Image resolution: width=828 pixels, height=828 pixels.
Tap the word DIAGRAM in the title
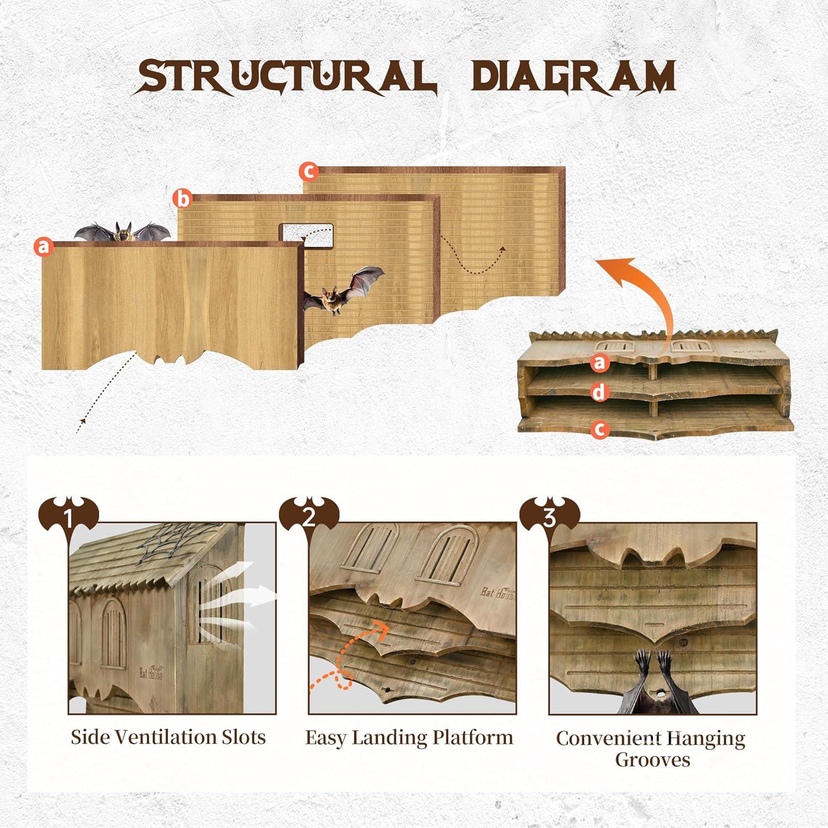(575, 76)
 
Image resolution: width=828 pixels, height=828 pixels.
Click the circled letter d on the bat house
(600, 392)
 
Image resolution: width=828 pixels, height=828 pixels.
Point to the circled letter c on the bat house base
(600, 429)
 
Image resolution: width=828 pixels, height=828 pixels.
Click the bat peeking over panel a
(123, 231)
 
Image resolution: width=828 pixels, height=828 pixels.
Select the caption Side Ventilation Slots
(168, 737)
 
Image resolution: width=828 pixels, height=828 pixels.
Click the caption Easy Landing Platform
(409, 737)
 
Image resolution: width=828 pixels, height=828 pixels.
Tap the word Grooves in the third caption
(652, 760)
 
